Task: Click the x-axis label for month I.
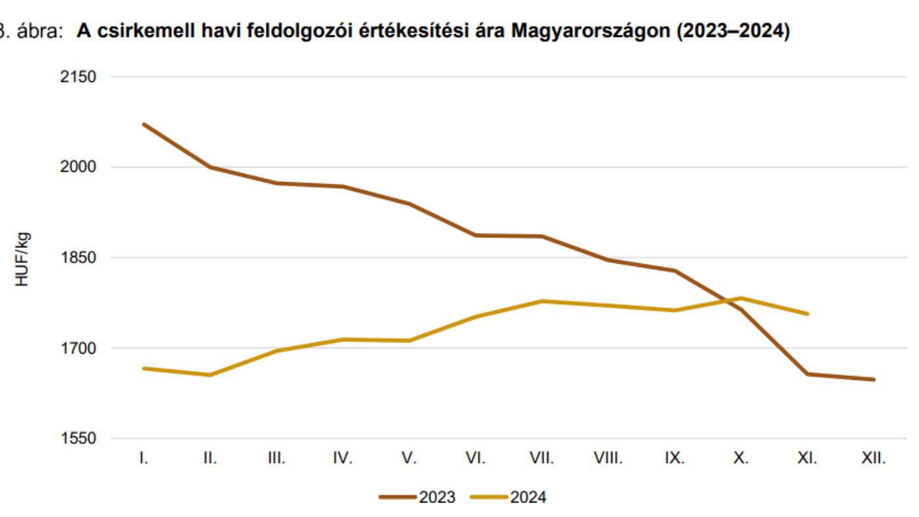pyautogui.click(x=144, y=459)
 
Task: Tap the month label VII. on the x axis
pyautogui.click(x=542, y=459)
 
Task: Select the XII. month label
pyautogui.click(x=874, y=459)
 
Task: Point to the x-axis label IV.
pyautogui.click(x=343, y=459)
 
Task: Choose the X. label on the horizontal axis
pyautogui.click(x=740, y=459)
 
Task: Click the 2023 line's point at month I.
pyautogui.click(x=144, y=124)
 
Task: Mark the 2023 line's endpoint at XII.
pyautogui.click(x=874, y=379)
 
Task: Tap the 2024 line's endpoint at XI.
pyautogui.click(x=807, y=314)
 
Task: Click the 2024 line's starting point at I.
pyautogui.click(x=144, y=368)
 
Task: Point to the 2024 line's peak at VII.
pyautogui.click(x=542, y=301)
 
